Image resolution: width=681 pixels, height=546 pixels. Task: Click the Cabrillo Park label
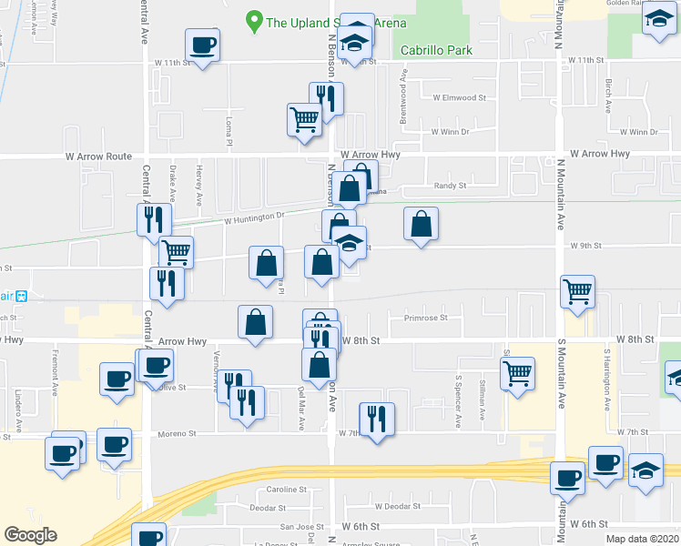coord(437,51)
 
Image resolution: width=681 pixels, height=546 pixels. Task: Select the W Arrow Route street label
coord(98,157)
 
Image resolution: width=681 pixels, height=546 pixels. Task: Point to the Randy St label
coord(450,186)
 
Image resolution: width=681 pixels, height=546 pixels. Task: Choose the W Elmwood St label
coord(459,97)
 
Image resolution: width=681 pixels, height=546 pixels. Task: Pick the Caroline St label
coord(290,490)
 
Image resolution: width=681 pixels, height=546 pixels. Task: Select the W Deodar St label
coord(395,506)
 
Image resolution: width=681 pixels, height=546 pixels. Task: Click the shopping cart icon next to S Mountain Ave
coord(577,291)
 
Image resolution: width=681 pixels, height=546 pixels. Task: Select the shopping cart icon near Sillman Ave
coord(517,371)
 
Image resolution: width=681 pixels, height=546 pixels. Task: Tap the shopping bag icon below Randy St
coord(420,224)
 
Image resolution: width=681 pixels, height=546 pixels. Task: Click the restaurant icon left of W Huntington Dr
coord(154,219)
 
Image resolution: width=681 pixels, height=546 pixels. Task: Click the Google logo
coord(30,535)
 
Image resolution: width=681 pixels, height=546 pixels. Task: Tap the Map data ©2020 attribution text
coord(643,539)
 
